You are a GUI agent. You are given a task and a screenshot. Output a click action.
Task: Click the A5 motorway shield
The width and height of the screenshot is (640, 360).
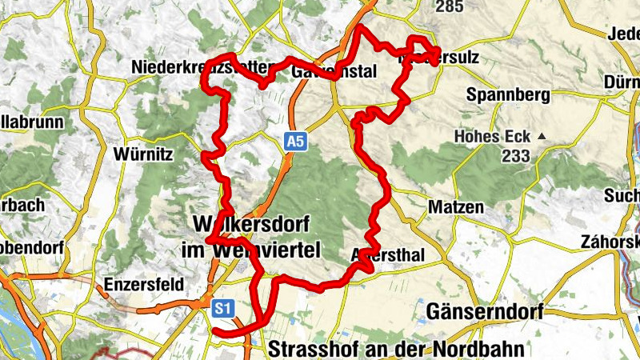point(295,142)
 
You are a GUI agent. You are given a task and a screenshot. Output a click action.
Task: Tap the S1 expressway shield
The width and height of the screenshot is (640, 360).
point(222,306)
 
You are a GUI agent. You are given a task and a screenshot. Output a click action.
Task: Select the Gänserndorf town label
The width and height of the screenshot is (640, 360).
point(485,310)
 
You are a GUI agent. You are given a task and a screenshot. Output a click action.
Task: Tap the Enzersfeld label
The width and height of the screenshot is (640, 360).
point(144,284)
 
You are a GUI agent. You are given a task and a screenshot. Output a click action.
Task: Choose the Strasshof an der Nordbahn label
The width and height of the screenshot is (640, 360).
point(396,349)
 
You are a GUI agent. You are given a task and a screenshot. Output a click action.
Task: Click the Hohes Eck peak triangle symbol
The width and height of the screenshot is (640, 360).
point(542,136)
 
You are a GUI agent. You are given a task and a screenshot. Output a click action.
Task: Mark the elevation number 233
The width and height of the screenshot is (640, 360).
point(516,156)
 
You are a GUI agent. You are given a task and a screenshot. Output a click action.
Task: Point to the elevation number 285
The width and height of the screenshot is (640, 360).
point(449,6)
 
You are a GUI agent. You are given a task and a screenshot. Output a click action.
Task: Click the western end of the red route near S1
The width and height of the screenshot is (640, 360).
point(216,330)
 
